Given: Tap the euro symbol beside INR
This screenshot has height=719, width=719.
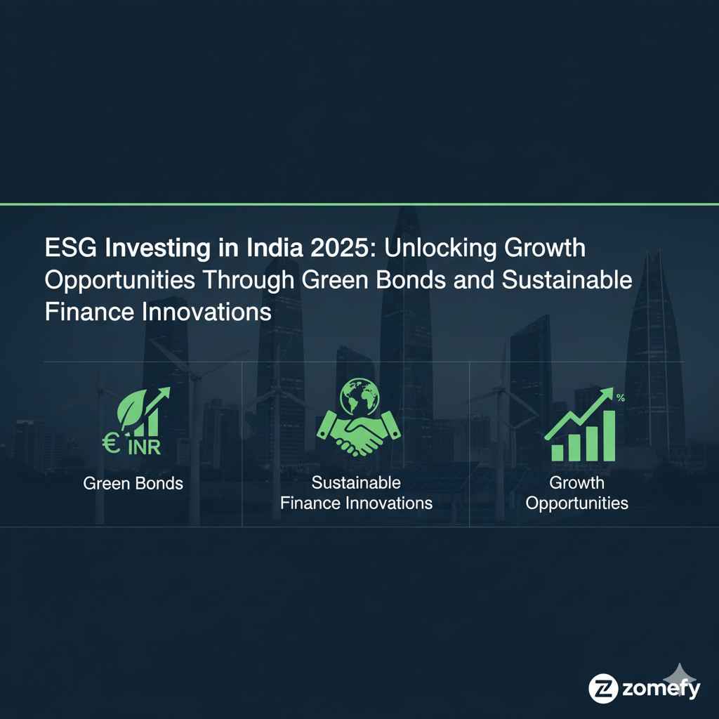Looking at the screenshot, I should [110, 444].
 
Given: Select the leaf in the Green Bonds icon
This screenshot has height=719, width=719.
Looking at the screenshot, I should [133, 409].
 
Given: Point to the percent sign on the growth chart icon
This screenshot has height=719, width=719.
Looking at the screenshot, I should [620, 399].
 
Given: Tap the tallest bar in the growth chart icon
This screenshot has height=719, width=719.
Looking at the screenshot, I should [608, 435].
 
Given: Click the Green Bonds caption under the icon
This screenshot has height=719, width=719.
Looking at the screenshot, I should [133, 484].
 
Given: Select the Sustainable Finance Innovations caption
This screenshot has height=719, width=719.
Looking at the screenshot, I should [356, 493].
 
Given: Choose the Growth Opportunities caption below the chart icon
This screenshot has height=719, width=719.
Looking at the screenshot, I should [576, 493].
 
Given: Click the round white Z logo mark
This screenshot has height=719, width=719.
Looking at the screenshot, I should [602, 688].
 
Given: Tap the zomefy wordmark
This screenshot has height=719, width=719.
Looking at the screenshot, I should [660, 689].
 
